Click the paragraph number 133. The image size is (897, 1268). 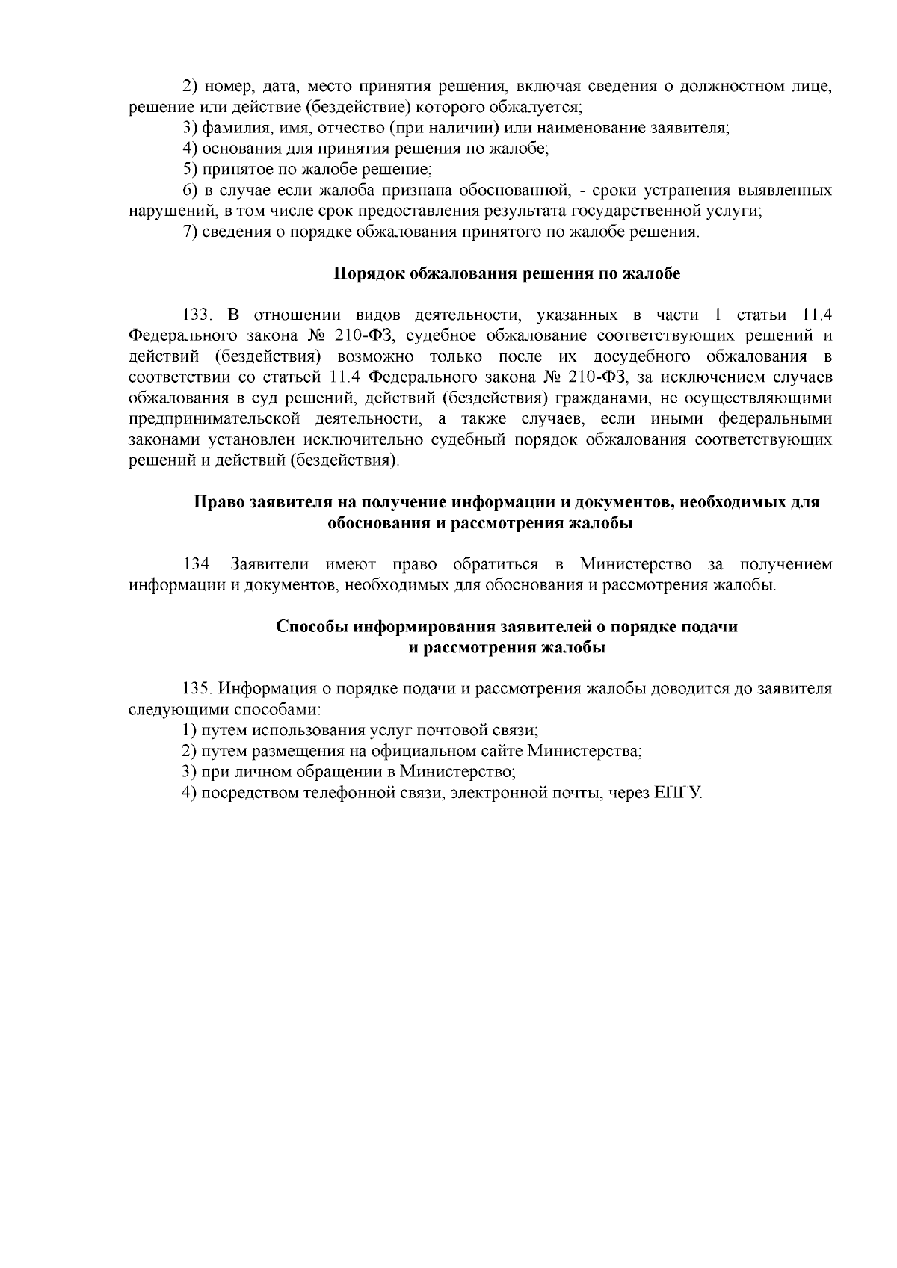[199, 314]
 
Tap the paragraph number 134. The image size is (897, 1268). [199, 563]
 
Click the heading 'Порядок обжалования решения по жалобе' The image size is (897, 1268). [506, 273]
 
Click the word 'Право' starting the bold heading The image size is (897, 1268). [218, 502]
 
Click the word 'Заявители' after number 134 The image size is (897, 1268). [270, 563]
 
